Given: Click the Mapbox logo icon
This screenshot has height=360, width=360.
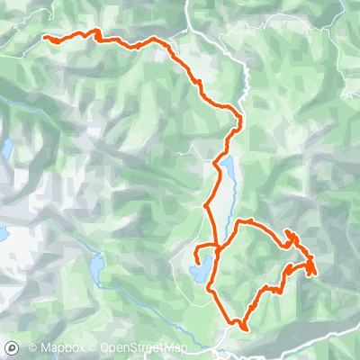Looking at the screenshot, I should pyautogui.click(x=12, y=347).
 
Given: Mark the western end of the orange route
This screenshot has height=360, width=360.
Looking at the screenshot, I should pyautogui.click(x=45, y=37).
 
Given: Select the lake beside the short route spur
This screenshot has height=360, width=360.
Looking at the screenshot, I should pyautogui.click(x=201, y=269).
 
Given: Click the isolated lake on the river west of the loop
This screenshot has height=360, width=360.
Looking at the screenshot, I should pyautogui.click(x=96, y=267).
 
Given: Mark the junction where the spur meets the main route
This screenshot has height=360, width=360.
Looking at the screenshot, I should pyautogui.click(x=217, y=245).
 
